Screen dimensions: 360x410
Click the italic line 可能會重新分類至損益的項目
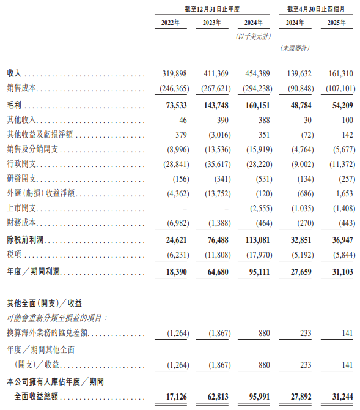(x=57, y=318)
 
